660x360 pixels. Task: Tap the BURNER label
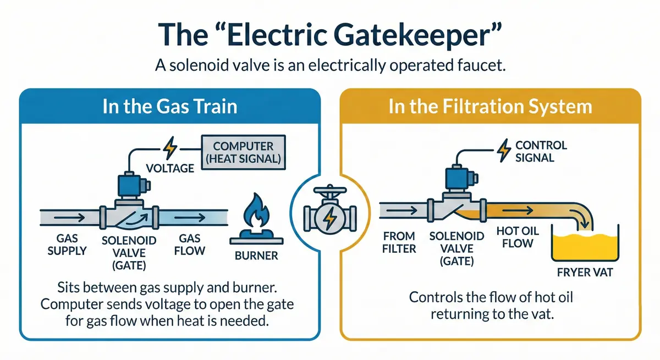pos(256,256)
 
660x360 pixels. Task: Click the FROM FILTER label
pos(399,242)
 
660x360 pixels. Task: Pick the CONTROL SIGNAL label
pos(541,151)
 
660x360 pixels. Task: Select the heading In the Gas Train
pos(169,106)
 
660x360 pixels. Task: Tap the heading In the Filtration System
pos(490,106)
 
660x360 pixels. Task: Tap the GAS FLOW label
pos(192,246)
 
